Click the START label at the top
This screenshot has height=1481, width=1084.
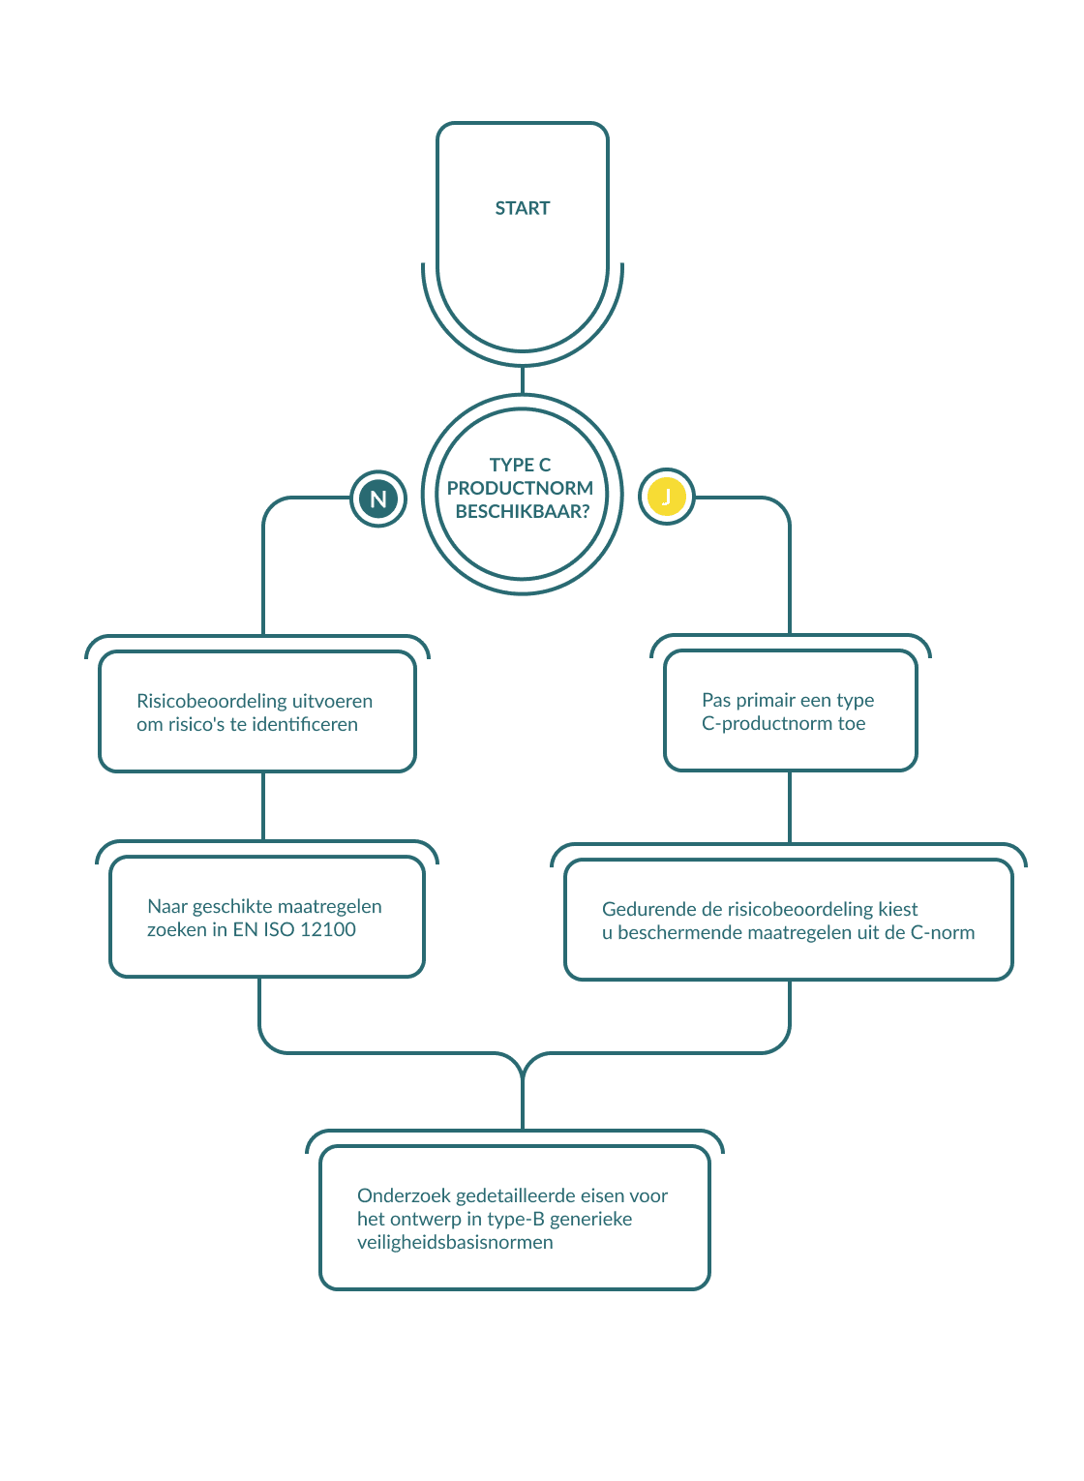pyautogui.click(x=522, y=208)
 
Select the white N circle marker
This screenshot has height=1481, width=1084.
pyautogui.click(x=378, y=499)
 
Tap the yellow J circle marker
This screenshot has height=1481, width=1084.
pyautogui.click(x=666, y=498)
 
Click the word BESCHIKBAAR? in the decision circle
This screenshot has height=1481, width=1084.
pyautogui.click(x=522, y=511)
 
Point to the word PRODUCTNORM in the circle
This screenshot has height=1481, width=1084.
pyautogui.click(x=520, y=488)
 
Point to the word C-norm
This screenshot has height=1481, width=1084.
pyautogui.click(x=942, y=933)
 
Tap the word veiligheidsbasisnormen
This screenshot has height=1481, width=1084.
pyautogui.click(x=455, y=1242)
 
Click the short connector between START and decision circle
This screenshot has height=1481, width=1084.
pyautogui.click(x=523, y=380)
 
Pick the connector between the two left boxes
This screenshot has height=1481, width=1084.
pyautogui.click(x=263, y=805)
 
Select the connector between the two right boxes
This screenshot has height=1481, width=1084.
pyautogui.click(x=790, y=806)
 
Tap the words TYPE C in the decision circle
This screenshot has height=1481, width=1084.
pyautogui.click(x=520, y=465)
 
